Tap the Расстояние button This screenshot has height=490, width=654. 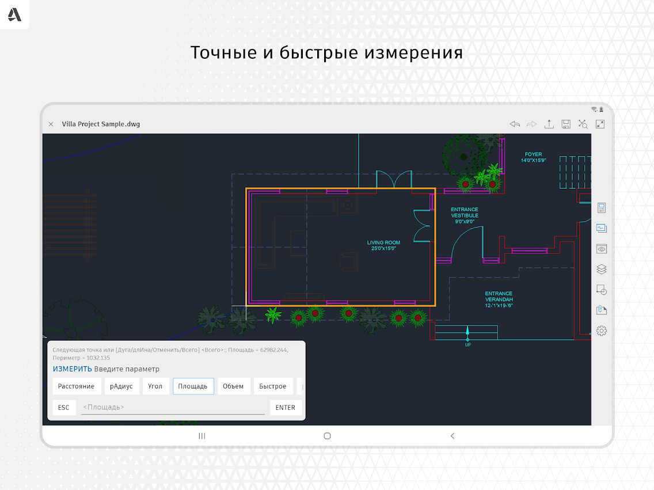[77, 386]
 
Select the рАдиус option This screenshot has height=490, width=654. [121, 386]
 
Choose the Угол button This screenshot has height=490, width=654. [155, 386]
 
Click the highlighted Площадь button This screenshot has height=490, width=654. [193, 386]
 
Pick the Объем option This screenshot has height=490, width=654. [233, 386]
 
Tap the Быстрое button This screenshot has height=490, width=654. [273, 386]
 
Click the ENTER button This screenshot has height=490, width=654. [286, 408]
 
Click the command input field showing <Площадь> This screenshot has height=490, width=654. [173, 408]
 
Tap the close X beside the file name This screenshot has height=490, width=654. [51, 124]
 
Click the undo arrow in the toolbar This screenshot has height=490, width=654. [515, 124]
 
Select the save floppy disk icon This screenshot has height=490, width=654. [566, 124]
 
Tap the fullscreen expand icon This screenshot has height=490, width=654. [600, 124]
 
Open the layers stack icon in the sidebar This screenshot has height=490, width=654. [602, 269]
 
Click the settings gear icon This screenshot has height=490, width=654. [602, 331]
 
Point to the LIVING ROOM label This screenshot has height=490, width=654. [384, 246]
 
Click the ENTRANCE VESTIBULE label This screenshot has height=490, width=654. [465, 215]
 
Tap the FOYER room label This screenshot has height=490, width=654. [534, 157]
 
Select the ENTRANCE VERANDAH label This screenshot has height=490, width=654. [499, 299]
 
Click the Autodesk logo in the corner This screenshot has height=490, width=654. [14, 14]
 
